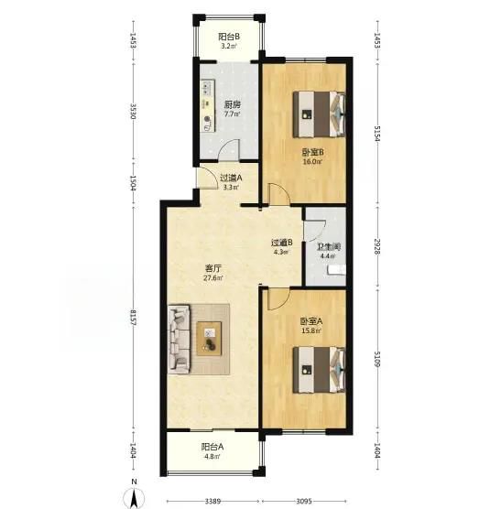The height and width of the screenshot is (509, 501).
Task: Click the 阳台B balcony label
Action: coord(229,37)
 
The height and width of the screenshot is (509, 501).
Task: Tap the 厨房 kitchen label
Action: coord(233,105)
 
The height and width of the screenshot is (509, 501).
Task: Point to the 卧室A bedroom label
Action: coord(311,321)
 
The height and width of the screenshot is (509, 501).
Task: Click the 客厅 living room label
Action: coord(213,268)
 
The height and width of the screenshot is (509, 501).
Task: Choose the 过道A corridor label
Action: coord(231,178)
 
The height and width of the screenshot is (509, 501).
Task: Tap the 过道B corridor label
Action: coord(282,243)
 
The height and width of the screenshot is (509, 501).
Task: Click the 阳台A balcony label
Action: coord(212,447)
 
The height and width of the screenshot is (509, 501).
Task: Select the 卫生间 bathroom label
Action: coord(328,247)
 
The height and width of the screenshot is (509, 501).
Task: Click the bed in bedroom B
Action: coord(319,114)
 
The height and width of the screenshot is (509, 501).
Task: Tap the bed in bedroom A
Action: coord(319,370)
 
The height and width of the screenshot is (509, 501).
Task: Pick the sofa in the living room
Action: coord(179,339)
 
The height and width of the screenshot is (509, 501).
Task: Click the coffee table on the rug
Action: coord(209,339)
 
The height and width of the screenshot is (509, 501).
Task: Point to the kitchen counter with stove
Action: coord(208,105)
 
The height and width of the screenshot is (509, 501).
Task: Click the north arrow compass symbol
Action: coord(134,498)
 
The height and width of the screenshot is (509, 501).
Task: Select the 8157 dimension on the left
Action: coord(133,319)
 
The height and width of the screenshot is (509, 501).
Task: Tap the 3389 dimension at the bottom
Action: coord(212,501)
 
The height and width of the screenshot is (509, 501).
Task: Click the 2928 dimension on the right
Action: coord(377,246)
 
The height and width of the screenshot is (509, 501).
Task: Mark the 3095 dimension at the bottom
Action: coord(304,501)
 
